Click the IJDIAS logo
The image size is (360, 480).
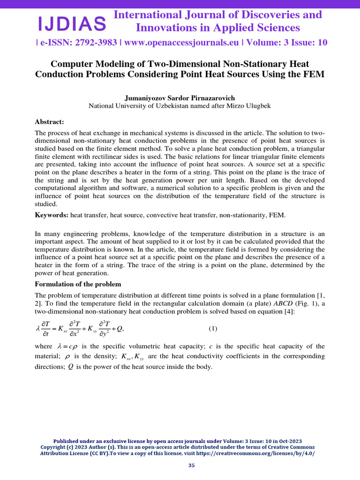pyautogui.click(x=72, y=22)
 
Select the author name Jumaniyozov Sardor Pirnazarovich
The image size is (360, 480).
pyautogui.click(x=180, y=98)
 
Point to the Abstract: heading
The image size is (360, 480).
pyautogui.click(x=50, y=121)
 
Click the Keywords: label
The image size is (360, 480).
pyautogui.click(x=52, y=215)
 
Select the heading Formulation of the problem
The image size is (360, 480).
pyautogui.click(x=78, y=284)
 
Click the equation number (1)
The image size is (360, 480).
pyautogui.click(x=213, y=329)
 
